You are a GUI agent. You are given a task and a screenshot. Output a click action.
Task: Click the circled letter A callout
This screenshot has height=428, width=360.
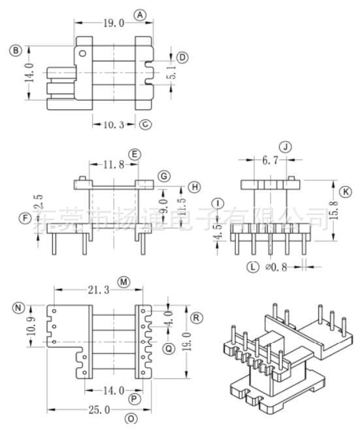point(140,15)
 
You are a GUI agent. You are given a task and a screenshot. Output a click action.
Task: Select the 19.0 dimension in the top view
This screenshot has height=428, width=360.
point(113,23)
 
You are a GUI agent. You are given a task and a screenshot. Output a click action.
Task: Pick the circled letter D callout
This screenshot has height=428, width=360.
point(182,58)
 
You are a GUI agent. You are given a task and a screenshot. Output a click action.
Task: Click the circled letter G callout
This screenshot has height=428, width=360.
point(164,176)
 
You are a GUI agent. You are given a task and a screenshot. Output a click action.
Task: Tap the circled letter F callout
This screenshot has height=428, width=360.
point(25,219)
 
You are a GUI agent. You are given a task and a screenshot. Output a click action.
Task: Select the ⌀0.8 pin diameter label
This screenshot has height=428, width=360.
point(277,266)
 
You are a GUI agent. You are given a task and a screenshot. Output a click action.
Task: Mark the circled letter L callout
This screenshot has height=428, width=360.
point(252,266)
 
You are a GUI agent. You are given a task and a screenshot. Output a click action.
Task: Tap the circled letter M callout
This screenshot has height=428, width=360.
point(123,282)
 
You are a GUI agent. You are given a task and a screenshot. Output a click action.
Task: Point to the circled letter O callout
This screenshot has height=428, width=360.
point(131,418)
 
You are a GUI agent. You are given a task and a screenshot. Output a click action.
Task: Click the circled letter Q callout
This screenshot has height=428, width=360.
point(169,349)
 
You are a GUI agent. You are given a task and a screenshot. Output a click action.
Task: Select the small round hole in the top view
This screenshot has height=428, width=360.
point(82,53)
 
